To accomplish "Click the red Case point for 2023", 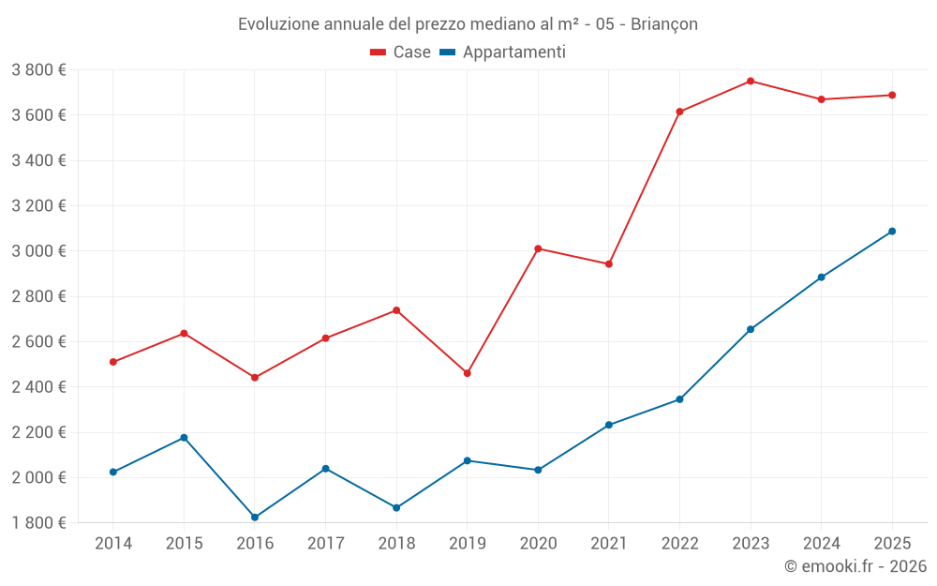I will (751, 81).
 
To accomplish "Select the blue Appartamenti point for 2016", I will (255, 518).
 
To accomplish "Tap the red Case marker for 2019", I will (468, 373).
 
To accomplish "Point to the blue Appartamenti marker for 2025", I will (892, 232).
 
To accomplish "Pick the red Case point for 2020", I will (538, 248).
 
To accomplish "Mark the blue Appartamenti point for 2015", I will (184, 438).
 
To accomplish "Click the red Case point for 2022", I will (679, 112).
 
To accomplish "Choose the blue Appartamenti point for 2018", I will (396, 508).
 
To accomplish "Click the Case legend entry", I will (401, 53).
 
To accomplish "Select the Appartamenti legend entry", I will (503, 53).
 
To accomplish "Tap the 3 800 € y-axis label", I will (38, 70).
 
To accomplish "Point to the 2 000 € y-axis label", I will (38, 477).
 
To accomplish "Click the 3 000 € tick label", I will (38, 251).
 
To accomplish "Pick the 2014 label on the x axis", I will (113, 544).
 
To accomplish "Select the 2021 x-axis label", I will (609, 544).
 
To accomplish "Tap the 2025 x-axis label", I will (892, 544).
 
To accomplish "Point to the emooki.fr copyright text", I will (855, 566).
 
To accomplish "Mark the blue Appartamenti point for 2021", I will (609, 425).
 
